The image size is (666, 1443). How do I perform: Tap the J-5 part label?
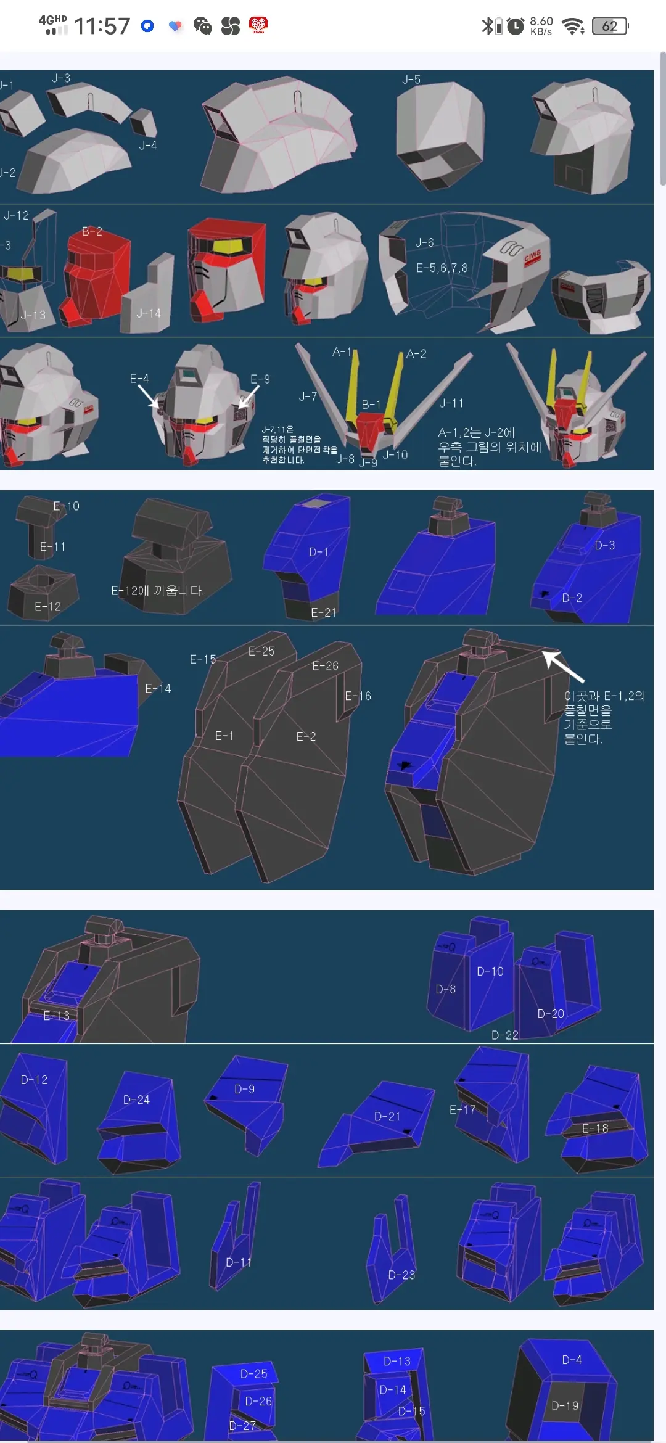(411, 80)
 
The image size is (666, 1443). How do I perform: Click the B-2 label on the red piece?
(92, 231)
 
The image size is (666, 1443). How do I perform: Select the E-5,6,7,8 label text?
(442, 268)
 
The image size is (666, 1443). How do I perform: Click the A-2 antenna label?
(416, 354)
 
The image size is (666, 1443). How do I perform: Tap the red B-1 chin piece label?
(371, 405)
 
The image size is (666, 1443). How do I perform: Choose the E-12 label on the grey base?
(47, 607)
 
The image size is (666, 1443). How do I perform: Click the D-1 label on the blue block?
(318, 552)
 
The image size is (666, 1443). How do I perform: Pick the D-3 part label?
(604, 545)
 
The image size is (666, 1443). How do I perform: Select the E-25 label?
(261, 651)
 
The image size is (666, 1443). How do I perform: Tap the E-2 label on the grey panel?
(306, 736)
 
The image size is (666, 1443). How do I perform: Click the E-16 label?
(358, 696)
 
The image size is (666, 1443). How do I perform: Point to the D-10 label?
(490, 971)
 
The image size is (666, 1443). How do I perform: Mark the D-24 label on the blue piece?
(136, 1100)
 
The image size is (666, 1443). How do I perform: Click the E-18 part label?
(595, 1128)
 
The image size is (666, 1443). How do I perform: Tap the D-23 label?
(401, 1275)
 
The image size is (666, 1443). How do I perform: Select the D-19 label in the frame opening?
(565, 1405)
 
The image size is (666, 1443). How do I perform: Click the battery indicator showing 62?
(610, 26)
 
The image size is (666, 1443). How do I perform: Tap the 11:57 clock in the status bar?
(102, 26)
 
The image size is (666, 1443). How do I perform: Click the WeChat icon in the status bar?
(203, 25)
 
